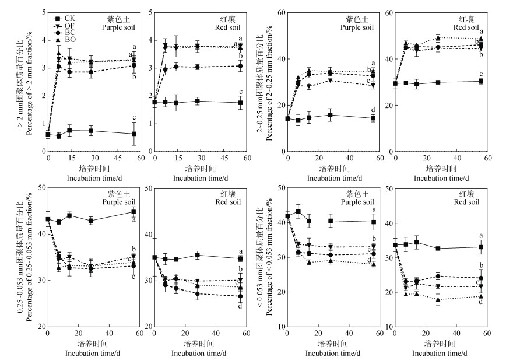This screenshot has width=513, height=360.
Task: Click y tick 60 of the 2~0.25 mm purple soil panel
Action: [281, 12]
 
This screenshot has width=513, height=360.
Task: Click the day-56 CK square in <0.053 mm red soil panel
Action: [481, 247]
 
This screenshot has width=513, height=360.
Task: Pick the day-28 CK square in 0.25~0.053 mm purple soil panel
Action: [90, 221]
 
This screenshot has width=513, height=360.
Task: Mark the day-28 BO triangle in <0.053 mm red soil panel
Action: [438, 299]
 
